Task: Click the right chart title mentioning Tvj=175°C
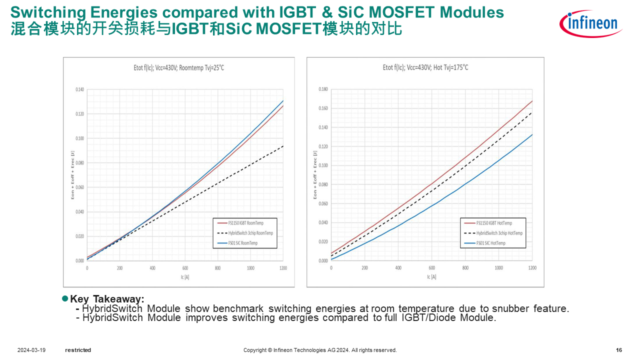click(x=425, y=67)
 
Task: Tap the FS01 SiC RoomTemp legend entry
click(x=242, y=243)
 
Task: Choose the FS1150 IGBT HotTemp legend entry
click(x=493, y=223)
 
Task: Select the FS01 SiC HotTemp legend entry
click(x=490, y=243)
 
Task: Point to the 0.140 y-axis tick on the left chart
click(x=79, y=90)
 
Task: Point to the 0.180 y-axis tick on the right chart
click(x=323, y=90)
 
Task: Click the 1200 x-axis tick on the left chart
click(x=283, y=268)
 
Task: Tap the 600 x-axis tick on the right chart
click(x=431, y=268)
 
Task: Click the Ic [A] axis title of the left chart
click(x=184, y=277)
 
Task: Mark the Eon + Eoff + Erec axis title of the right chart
click(x=315, y=175)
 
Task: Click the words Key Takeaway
click(x=107, y=299)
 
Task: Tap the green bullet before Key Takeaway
click(x=64, y=298)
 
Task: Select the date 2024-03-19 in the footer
click(x=31, y=350)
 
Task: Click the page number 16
click(x=619, y=350)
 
